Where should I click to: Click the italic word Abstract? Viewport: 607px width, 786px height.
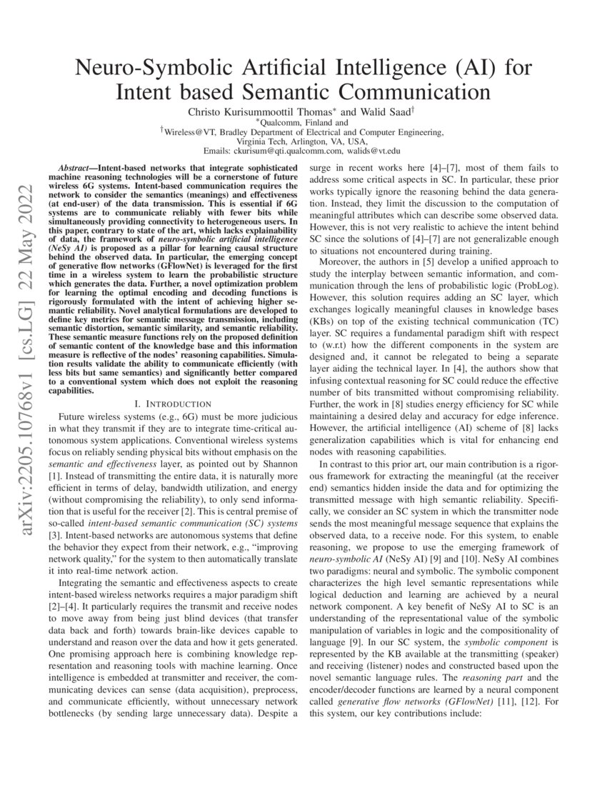76,165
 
